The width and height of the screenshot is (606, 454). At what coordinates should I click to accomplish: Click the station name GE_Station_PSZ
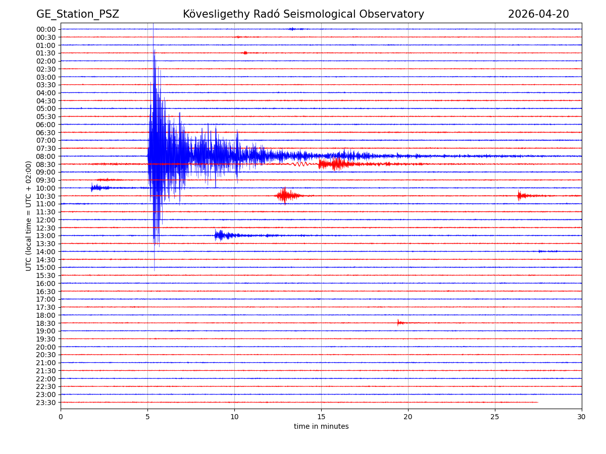tap(77, 14)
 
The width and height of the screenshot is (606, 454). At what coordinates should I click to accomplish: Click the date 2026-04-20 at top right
tap(538, 14)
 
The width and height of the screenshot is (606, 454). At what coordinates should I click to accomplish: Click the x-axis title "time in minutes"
tap(321, 427)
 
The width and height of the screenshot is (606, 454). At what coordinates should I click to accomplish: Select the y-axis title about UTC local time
tap(29, 215)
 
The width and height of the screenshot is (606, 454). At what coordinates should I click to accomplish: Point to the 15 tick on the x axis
tap(321, 417)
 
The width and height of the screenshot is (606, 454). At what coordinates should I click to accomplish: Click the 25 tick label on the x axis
tap(495, 417)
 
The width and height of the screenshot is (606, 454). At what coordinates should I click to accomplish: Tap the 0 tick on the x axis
tap(61, 417)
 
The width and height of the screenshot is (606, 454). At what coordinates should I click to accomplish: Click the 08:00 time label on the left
tap(46, 156)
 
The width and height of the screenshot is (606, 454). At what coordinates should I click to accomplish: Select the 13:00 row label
tap(46, 236)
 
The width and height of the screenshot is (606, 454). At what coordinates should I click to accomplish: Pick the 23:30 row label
tap(46, 403)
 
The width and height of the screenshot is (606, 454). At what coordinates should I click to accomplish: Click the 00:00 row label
tap(46, 29)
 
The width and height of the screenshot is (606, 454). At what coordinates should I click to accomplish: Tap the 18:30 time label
tap(46, 323)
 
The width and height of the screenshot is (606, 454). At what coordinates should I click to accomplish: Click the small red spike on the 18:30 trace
tap(398, 322)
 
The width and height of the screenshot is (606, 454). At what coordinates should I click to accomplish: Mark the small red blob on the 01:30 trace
tap(245, 52)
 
